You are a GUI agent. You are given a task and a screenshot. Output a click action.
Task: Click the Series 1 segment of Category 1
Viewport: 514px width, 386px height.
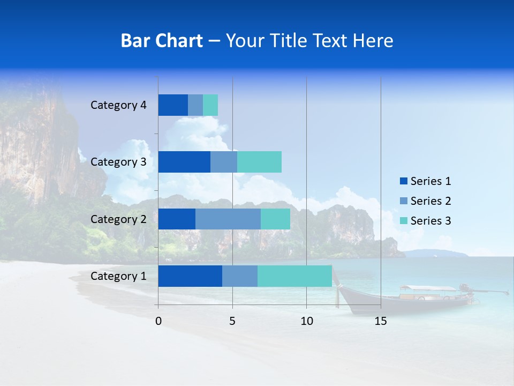click(190, 276)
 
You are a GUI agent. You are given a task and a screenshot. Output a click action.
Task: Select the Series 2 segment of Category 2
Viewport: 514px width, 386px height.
click(228, 219)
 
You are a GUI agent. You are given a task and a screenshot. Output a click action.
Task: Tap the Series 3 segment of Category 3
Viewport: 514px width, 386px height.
click(259, 162)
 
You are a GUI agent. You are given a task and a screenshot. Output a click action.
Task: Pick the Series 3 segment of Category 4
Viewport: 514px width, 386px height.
click(210, 105)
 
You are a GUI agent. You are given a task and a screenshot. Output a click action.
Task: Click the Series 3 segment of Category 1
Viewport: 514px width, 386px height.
click(294, 276)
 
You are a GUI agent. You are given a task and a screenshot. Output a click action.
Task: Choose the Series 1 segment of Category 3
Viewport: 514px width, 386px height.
click(184, 162)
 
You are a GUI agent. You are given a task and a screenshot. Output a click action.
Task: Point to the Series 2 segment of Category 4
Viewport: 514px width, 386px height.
click(195, 105)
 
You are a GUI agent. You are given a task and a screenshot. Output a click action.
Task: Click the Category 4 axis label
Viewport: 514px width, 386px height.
click(118, 105)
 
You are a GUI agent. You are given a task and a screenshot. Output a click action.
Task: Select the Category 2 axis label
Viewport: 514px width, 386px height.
click(118, 219)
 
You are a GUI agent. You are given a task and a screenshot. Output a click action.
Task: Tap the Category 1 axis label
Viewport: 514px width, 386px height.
click(118, 276)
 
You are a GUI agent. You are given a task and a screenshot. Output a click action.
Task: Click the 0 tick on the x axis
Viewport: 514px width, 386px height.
click(158, 321)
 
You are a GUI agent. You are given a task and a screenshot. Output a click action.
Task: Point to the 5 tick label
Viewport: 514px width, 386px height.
click(232, 321)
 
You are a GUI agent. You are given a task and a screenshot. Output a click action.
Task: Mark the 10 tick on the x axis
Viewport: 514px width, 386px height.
click(306, 321)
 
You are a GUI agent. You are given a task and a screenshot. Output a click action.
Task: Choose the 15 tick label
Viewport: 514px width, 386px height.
click(381, 321)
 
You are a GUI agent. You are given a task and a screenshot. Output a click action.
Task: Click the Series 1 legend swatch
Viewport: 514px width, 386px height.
click(403, 181)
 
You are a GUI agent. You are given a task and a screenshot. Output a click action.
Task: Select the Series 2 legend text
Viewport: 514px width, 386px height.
click(430, 201)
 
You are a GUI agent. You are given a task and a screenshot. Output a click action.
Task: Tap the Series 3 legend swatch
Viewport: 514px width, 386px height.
click(403, 221)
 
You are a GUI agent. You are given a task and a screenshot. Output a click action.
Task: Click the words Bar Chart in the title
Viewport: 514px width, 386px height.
click(162, 41)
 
